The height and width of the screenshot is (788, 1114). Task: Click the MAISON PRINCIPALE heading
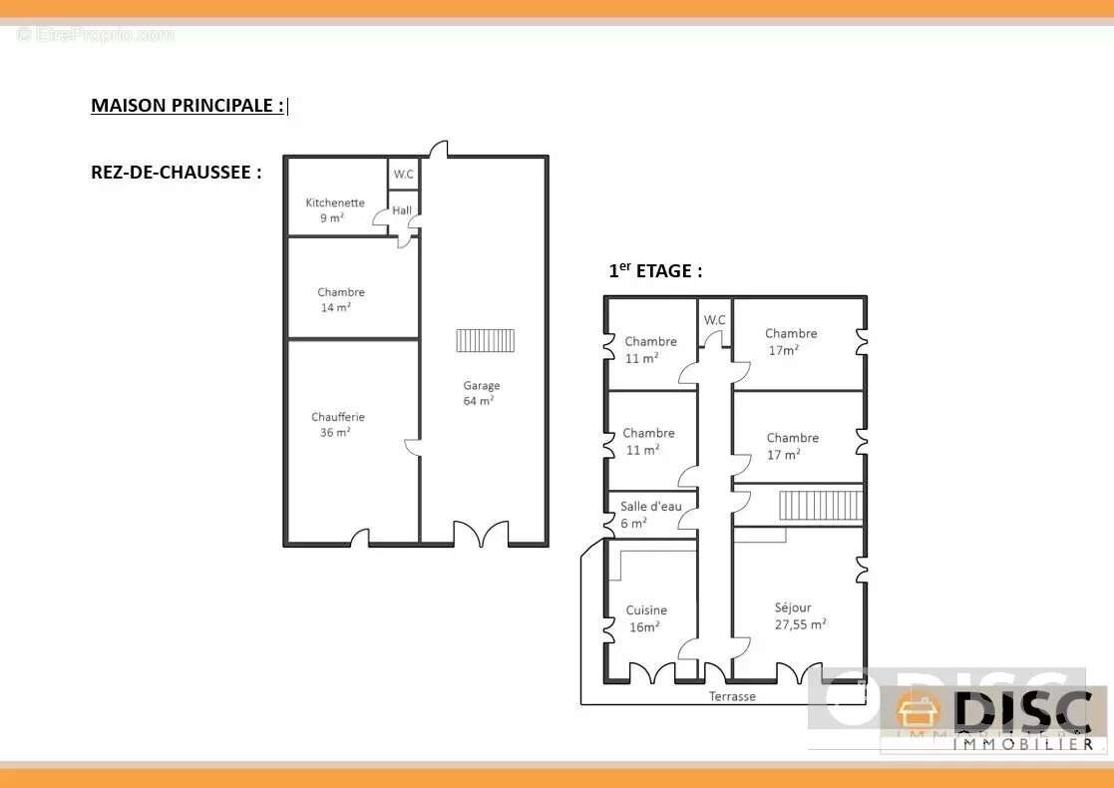(187, 105)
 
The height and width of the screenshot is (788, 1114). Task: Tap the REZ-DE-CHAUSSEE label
(177, 172)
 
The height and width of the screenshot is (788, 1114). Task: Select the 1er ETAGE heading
(655, 270)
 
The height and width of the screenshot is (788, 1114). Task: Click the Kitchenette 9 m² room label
(335, 210)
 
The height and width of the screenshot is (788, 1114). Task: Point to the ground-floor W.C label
(404, 175)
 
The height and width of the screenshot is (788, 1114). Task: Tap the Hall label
(401, 210)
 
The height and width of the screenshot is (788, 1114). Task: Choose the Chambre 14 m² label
(340, 300)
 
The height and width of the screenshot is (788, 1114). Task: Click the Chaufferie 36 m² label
(337, 424)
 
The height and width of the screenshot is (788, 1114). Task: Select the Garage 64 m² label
(481, 393)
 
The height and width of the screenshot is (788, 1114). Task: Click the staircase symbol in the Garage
(486, 340)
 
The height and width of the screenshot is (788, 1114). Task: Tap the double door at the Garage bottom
(481, 534)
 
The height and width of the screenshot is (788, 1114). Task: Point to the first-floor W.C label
(715, 320)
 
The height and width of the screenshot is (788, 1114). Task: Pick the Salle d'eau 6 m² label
(650, 515)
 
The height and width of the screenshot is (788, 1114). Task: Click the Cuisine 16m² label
(646, 618)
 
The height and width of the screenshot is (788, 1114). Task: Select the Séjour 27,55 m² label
(800, 616)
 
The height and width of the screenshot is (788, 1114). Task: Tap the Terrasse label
(732, 696)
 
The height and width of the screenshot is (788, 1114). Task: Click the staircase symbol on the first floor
(820, 506)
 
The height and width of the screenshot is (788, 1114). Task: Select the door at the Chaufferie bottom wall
(360, 539)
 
